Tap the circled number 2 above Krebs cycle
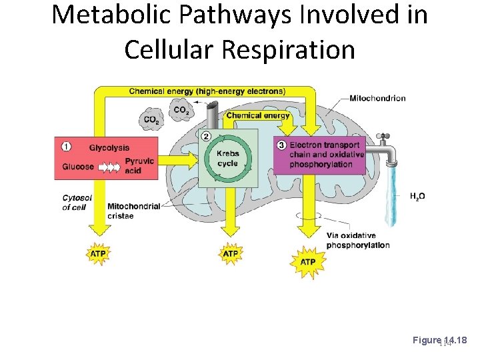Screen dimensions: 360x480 205,136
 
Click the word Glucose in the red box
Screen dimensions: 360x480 78,167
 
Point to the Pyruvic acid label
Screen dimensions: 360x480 139,166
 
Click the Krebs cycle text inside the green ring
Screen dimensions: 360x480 227,159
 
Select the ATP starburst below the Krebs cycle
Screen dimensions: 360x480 230,253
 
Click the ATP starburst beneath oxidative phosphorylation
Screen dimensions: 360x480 307,261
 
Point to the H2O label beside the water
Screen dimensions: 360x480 417,196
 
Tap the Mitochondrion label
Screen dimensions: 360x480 377,98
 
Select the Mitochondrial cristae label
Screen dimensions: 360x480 133,211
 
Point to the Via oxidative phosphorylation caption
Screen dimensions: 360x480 357,240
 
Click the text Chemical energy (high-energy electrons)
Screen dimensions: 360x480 207,91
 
